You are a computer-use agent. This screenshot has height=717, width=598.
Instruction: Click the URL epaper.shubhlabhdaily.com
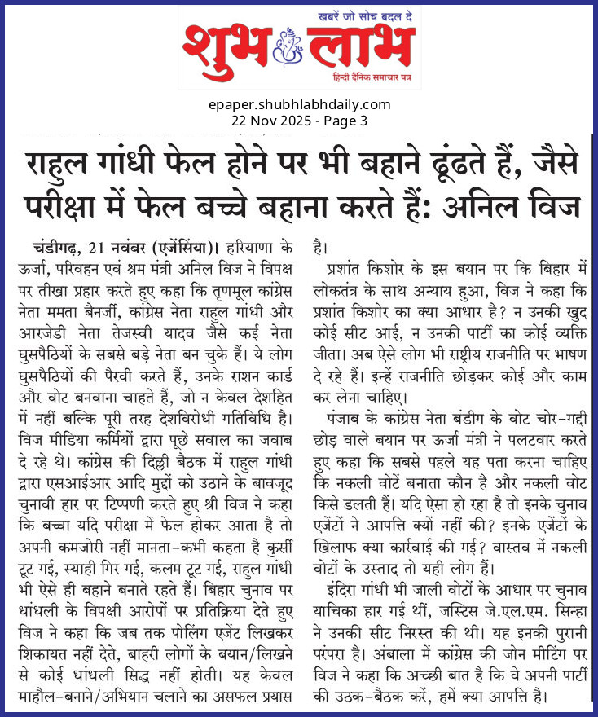pyautogui.click(x=299, y=105)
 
